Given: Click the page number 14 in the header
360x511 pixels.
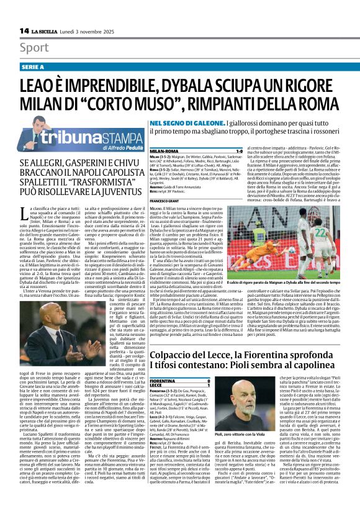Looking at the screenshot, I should pyautogui.click(x=24, y=30).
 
